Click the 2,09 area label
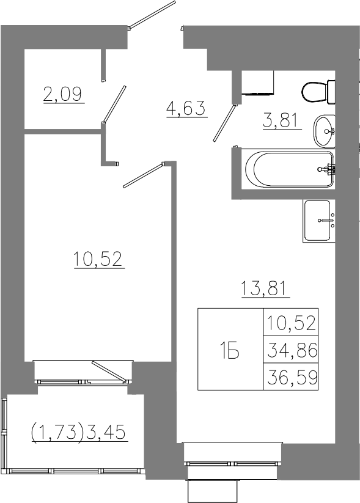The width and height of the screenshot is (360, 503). pos(63,94)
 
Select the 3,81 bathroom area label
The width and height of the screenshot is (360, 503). pos(282,121)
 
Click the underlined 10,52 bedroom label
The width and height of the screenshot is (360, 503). pos(98,259)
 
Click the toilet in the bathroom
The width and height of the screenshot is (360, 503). pos(318,92)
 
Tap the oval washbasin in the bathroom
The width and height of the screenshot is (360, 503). pos(325,131)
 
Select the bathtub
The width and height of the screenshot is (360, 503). pos(288,169)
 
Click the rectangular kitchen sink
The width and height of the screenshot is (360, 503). pos(318,221)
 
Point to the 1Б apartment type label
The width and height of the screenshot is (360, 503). pos(230,350)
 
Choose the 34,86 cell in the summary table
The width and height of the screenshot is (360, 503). pos(292,350)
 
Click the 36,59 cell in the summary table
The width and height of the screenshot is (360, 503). pos(292,377)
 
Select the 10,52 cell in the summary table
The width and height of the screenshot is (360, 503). pos(292,322)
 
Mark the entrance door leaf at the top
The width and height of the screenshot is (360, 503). pos(152,15)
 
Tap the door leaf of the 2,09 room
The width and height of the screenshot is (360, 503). pos(114,105)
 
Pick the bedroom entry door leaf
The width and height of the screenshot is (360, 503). pos(144,175)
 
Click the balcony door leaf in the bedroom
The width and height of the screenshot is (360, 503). pos(109,372)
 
